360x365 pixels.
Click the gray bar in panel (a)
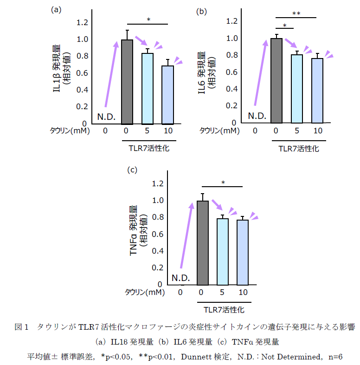[127, 82]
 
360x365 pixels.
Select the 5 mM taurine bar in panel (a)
[147, 89]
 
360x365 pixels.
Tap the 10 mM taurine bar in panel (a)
[167, 95]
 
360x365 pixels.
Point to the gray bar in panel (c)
[202, 242]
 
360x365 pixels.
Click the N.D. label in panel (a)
[106, 116]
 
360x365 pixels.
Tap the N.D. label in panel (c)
[180, 277]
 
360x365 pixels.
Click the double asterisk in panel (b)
[296, 13]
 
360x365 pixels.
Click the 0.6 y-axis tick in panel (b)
[231, 72]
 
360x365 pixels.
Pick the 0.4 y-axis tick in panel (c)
[158, 251]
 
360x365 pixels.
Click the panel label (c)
[132, 169]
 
